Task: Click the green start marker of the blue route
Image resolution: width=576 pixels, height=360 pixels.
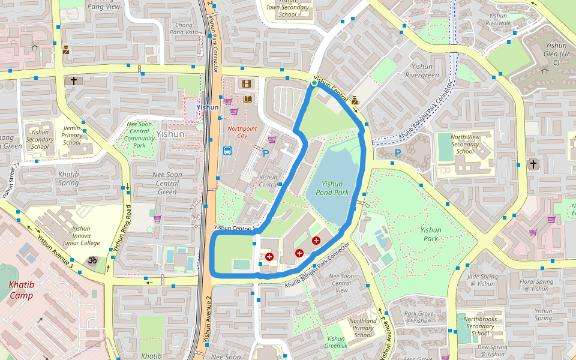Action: point(314,83)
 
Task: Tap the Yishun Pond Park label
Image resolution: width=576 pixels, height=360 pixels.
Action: point(332,188)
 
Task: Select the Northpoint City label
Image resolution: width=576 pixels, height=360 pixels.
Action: point(242,132)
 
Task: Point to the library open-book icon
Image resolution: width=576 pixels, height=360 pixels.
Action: point(247,99)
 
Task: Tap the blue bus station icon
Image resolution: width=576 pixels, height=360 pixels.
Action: point(227,151)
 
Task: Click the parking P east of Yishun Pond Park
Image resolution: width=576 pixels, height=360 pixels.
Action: point(397,154)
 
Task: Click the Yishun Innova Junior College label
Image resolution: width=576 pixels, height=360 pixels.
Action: point(81,236)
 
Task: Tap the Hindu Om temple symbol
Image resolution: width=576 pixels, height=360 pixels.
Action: point(92,261)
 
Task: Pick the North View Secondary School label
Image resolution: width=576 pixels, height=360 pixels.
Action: point(465,144)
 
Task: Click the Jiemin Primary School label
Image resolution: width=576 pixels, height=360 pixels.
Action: point(71,135)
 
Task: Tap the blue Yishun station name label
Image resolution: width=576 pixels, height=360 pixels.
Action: point(208,107)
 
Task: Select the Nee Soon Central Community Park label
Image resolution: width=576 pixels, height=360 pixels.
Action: point(139,134)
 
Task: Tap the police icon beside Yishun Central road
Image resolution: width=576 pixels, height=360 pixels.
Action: point(355,100)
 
